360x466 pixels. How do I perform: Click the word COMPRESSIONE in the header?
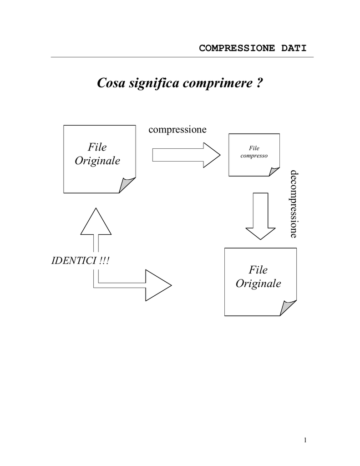tap(237, 48)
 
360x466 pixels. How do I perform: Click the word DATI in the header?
tap(294, 48)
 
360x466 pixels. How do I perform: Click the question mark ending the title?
tap(259, 83)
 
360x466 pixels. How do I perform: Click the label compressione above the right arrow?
tap(177, 130)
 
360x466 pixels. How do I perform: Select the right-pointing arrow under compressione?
tap(187, 155)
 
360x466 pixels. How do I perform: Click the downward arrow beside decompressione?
tap(260, 216)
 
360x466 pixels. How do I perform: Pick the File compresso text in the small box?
tap(254, 152)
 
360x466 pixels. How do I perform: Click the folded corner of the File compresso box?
tap(273, 172)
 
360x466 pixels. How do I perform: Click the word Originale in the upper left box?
tap(97, 161)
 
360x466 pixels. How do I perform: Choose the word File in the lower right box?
tap(258, 270)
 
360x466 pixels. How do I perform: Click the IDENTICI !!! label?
tap(80, 261)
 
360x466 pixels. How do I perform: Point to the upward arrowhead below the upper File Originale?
tap(96, 222)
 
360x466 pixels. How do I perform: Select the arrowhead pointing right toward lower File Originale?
tap(158, 285)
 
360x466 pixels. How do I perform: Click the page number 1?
tap(305, 440)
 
